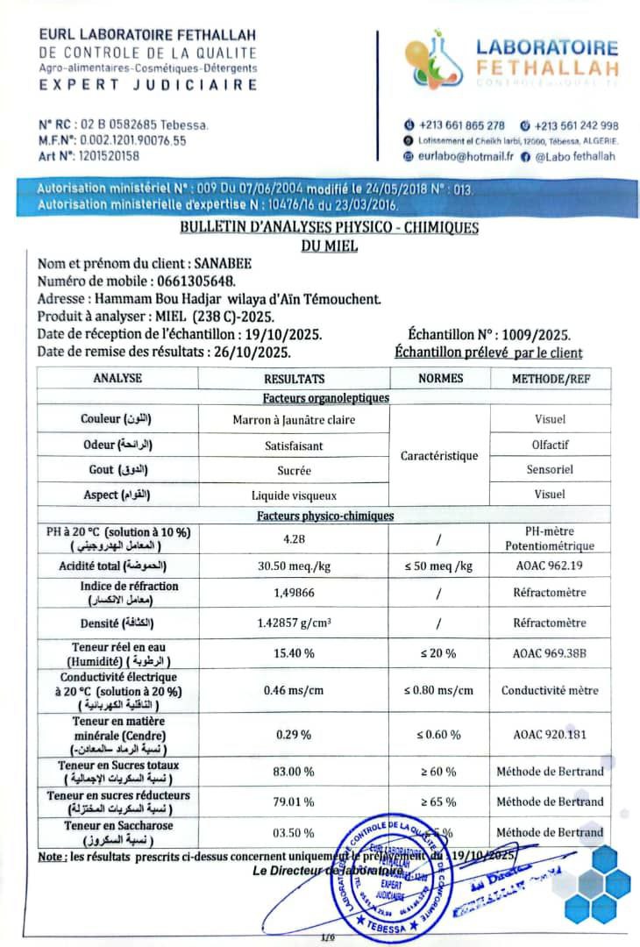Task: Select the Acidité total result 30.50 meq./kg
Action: [294, 566]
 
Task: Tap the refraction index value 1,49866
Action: [294, 593]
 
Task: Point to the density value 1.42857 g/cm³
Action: [294, 623]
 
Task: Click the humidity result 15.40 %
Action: [294, 654]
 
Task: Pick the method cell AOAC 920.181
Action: [550, 734]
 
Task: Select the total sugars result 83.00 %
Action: [294, 772]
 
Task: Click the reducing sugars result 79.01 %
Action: [294, 801]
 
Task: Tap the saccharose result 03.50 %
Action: [294, 832]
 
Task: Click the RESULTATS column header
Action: [294, 379]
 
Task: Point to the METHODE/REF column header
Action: [550, 379]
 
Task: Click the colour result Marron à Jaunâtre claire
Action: [294, 420]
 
